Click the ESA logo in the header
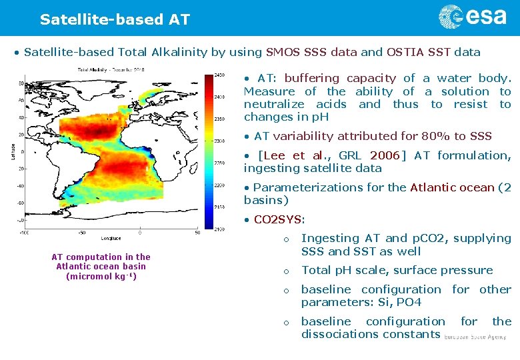coord(473,17)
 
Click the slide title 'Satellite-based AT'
coord(115,19)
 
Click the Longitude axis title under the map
coord(111,238)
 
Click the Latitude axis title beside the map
coord(13,151)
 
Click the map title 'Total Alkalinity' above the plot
coord(100,69)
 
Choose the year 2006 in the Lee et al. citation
coord(385,155)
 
